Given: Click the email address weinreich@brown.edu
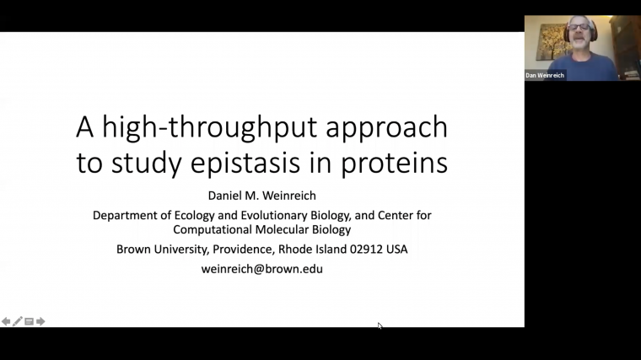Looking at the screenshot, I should (261, 269).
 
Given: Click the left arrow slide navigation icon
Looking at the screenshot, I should (6, 321).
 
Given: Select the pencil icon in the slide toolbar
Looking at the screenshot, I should (18, 321).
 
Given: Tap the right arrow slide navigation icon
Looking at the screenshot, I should (40, 321).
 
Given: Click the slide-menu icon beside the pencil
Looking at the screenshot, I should (29, 321).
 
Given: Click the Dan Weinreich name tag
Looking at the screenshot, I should (545, 75).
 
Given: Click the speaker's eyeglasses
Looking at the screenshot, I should (579, 28).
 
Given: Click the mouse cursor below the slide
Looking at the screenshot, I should (380, 325).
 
